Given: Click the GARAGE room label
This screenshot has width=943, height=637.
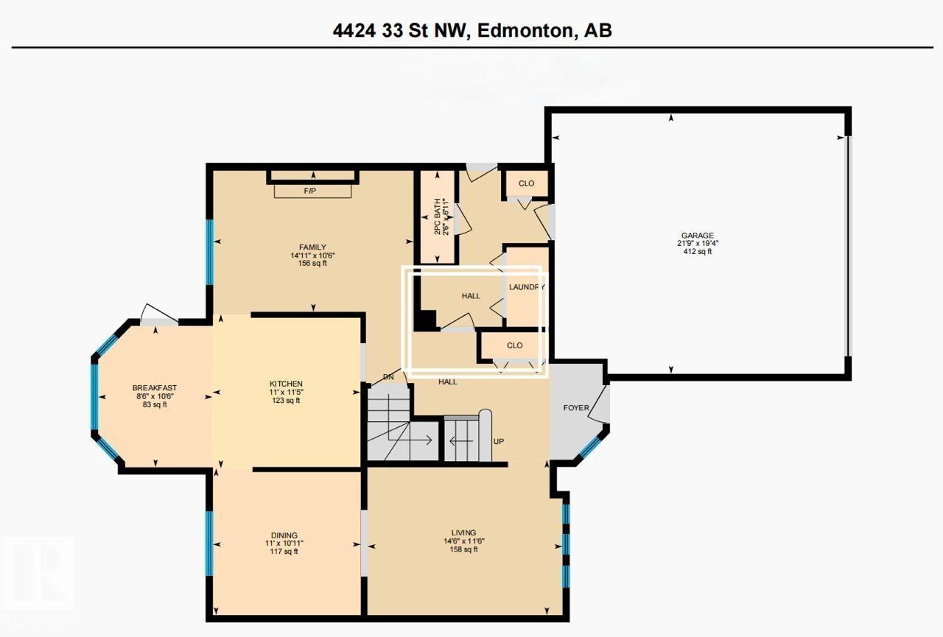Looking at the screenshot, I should (696, 236).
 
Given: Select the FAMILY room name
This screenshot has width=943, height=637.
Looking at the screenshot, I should (313, 247).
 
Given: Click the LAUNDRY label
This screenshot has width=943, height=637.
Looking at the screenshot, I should (526, 287).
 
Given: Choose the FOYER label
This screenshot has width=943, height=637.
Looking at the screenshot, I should (575, 407).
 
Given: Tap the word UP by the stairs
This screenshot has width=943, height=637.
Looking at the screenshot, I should (499, 442).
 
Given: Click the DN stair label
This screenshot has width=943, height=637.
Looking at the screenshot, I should (389, 377).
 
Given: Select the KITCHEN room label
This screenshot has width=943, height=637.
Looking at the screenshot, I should (286, 384).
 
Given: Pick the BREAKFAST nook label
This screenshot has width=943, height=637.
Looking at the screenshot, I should (154, 388).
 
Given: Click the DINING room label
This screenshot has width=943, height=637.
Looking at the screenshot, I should (284, 535).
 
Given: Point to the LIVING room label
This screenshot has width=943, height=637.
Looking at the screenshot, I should (464, 532).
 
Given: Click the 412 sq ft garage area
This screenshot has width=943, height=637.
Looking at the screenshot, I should (696, 252).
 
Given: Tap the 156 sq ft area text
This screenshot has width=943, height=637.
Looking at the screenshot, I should (313, 264).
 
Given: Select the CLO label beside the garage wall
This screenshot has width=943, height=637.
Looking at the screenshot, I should (526, 183).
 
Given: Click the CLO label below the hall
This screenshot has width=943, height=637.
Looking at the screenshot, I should (514, 345).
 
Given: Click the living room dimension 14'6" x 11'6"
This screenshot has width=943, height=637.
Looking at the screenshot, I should (464, 541).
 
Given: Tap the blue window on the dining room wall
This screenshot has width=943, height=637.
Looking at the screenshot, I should (209, 543).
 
